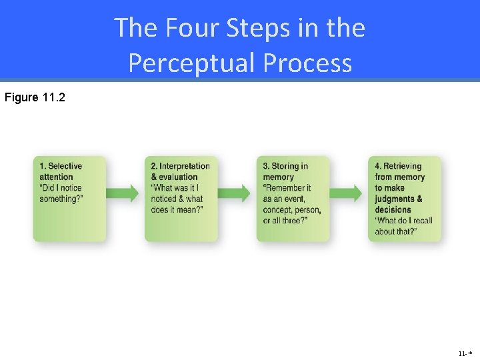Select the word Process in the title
click(x=307, y=63)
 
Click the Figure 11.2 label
click(x=35, y=97)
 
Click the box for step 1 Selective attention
click(x=69, y=199)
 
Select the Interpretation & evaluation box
click(x=181, y=199)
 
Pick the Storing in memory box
click(x=293, y=199)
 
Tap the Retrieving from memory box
click(x=405, y=199)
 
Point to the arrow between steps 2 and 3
click(x=236, y=193)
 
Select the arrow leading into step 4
click(x=348, y=193)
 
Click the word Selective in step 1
click(x=65, y=166)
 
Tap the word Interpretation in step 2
click(x=185, y=166)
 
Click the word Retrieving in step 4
click(x=403, y=166)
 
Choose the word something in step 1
click(x=59, y=199)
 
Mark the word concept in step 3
click(x=279, y=210)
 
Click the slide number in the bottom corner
click(x=465, y=353)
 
